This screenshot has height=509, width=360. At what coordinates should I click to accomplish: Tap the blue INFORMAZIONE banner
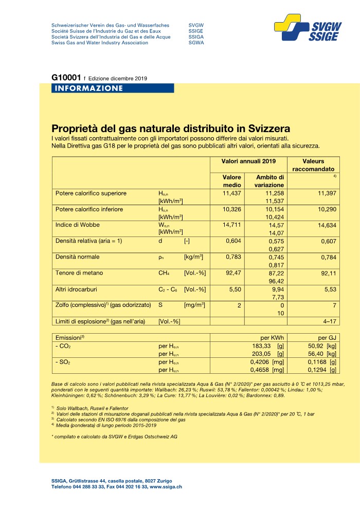click(87, 88)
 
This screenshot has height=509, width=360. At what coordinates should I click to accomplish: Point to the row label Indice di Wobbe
click(78, 225)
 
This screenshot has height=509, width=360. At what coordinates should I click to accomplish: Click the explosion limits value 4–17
click(328, 321)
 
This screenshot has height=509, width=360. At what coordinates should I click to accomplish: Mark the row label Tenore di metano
click(79, 272)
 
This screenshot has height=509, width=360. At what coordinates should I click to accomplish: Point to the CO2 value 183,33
click(257, 346)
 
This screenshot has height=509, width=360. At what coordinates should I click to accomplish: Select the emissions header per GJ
click(326, 338)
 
